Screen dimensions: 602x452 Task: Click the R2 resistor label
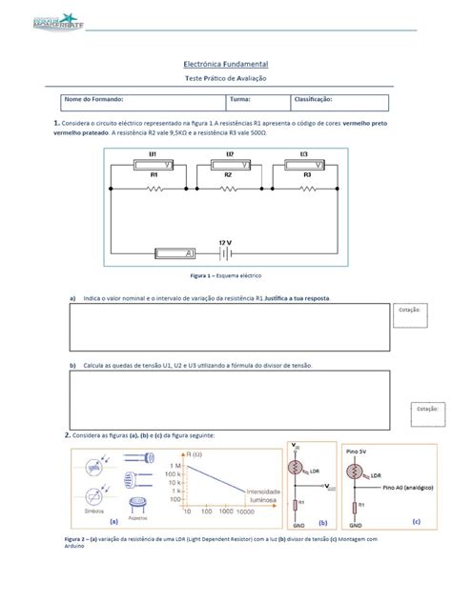click(x=228, y=175)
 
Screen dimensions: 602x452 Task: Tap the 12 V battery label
click(x=226, y=242)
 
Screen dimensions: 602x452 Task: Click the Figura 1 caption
click(x=226, y=274)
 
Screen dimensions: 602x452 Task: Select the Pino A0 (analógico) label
click(x=399, y=486)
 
